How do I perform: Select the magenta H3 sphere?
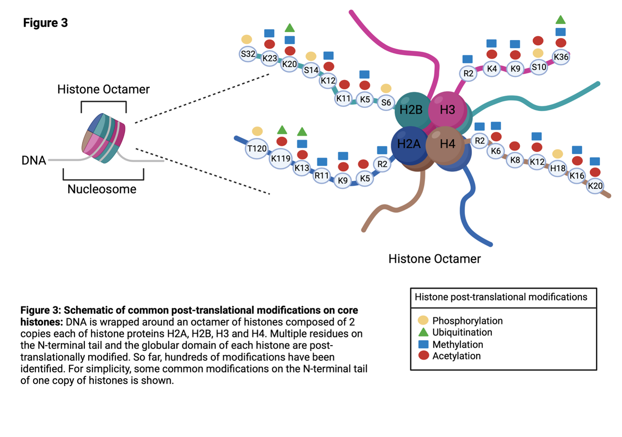point(447,110)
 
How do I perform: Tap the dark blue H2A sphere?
point(409,144)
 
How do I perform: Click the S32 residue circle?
point(247,54)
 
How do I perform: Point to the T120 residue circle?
point(257,149)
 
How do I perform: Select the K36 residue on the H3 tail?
point(561,57)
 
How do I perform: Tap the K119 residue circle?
point(281,159)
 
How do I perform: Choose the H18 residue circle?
point(558,168)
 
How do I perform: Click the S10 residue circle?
point(538,67)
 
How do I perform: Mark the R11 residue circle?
point(321,176)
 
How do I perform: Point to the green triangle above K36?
point(561,20)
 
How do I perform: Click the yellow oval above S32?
point(247,40)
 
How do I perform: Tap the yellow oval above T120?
point(257,131)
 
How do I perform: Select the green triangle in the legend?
point(424,332)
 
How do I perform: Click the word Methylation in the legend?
point(458,344)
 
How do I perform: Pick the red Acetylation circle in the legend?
point(424,355)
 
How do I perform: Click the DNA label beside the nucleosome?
point(34,160)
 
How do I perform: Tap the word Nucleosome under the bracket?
point(102,189)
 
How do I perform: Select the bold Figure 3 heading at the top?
point(45,23)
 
